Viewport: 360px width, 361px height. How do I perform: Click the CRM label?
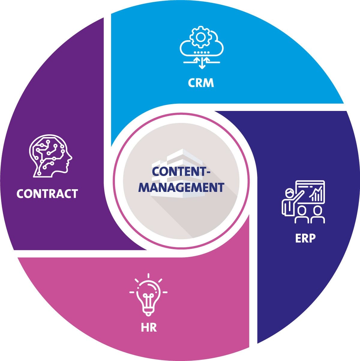[x=201, y=83]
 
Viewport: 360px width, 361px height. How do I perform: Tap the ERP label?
[x=305, y=238]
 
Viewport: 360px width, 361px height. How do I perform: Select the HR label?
[x=149, y=327]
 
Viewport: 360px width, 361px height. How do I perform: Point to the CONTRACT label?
[x=47, y=194]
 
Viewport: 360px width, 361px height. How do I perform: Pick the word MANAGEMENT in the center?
[x=183, y=187]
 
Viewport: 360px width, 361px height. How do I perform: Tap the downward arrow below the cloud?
[x=202, y=64]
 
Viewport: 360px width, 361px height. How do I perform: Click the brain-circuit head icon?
[x=50, y=156]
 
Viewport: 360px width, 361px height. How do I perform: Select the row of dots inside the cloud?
[x=202, y=52]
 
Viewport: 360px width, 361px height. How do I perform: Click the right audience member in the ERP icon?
[x=317, y=215]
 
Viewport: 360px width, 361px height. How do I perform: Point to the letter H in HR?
[x=145, y=327]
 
